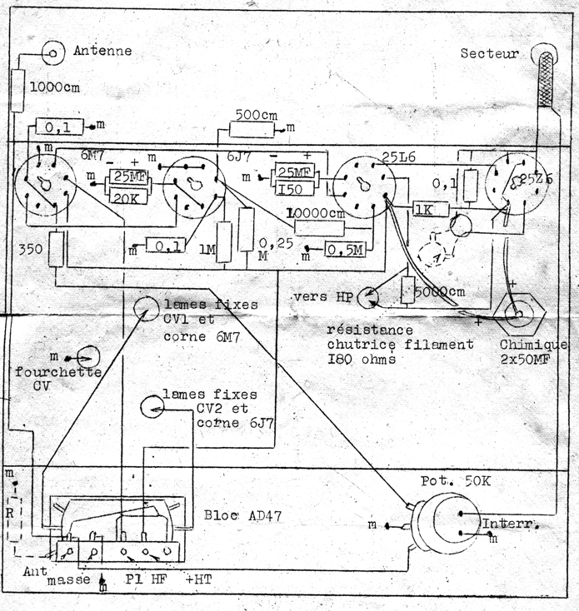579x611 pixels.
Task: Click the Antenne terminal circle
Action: point(54,52)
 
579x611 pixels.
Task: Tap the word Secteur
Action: point(490,54)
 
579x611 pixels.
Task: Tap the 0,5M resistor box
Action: point(343,251)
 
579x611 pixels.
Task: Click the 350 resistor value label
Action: point(30,249)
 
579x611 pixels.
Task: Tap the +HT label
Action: point(201,578)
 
